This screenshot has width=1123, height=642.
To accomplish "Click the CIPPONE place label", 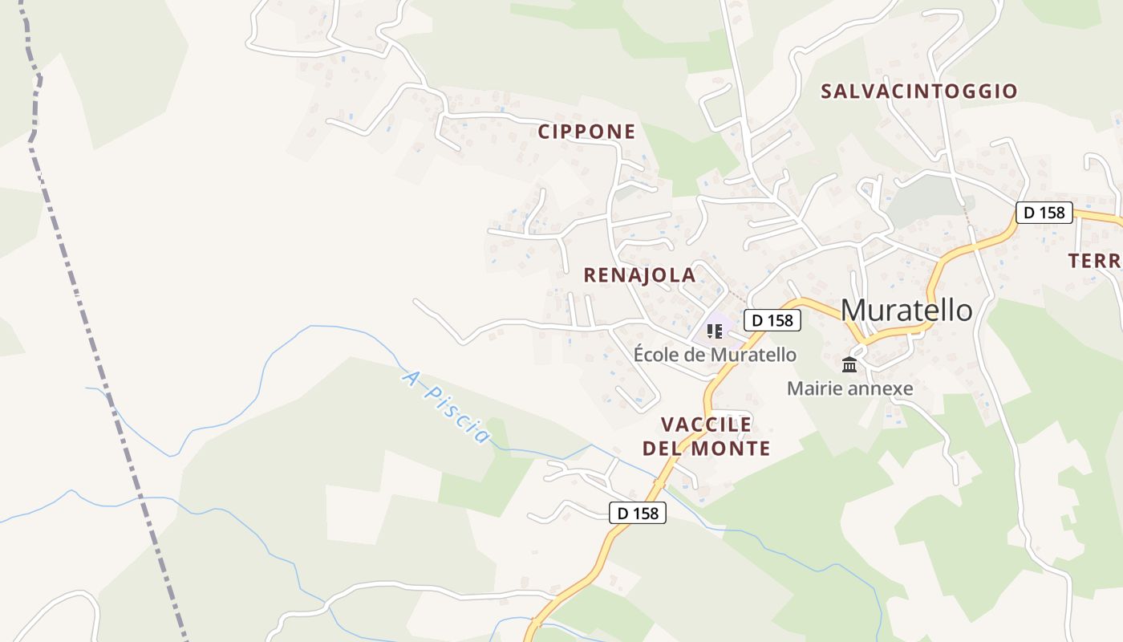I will click(x=586, y=132).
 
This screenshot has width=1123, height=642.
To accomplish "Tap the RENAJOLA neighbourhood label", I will click(x=639, y=275).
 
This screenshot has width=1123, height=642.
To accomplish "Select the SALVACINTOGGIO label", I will click(x=918, y=91).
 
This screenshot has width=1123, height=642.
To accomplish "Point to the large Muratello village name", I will click(x=906, y=310).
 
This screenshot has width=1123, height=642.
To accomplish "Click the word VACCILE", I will click(x=707, y=424).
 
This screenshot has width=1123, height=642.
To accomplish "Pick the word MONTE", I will click(x=730, y=449).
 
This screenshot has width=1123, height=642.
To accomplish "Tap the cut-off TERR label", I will click(x=1096, y=261).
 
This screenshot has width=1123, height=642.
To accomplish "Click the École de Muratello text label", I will click(x=715, y=354).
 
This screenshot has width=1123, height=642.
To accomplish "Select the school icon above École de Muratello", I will click(x=714, y=331).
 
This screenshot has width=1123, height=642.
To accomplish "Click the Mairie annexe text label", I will click(x=849, y=388).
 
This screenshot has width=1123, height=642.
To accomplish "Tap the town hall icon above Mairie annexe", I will click(x=849, y=365).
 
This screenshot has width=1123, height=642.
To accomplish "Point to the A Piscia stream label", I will click(x=446, y=406).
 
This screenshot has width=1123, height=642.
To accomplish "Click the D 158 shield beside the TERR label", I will click(x=1044, y=213).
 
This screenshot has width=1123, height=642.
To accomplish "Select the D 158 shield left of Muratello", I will click(x=772, y=320).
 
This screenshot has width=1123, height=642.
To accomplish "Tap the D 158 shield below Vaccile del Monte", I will click(x=638, y=513).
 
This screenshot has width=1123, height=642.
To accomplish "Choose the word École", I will click(x=654, y=354).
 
